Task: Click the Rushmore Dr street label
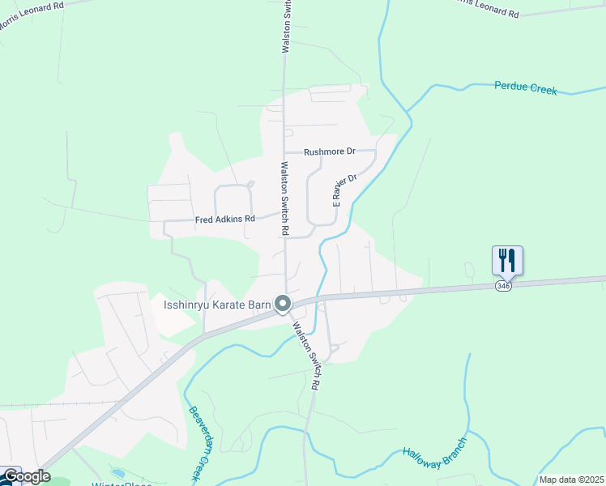point(330,151)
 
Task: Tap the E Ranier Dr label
point(344,190)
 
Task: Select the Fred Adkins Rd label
point(224,220)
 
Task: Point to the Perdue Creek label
point(526,88)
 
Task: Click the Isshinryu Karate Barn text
point(216,305)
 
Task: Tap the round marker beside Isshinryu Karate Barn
point(283,304)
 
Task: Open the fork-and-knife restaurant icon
point(507,260)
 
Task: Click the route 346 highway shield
point(504,285)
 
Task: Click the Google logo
point(26,476)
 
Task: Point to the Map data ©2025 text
point(571,480)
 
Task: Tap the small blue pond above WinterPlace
point(119,472)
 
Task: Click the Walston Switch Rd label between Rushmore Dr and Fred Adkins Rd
point(284,198)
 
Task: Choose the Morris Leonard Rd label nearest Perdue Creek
point(485,9)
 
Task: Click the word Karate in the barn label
point(227,305)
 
